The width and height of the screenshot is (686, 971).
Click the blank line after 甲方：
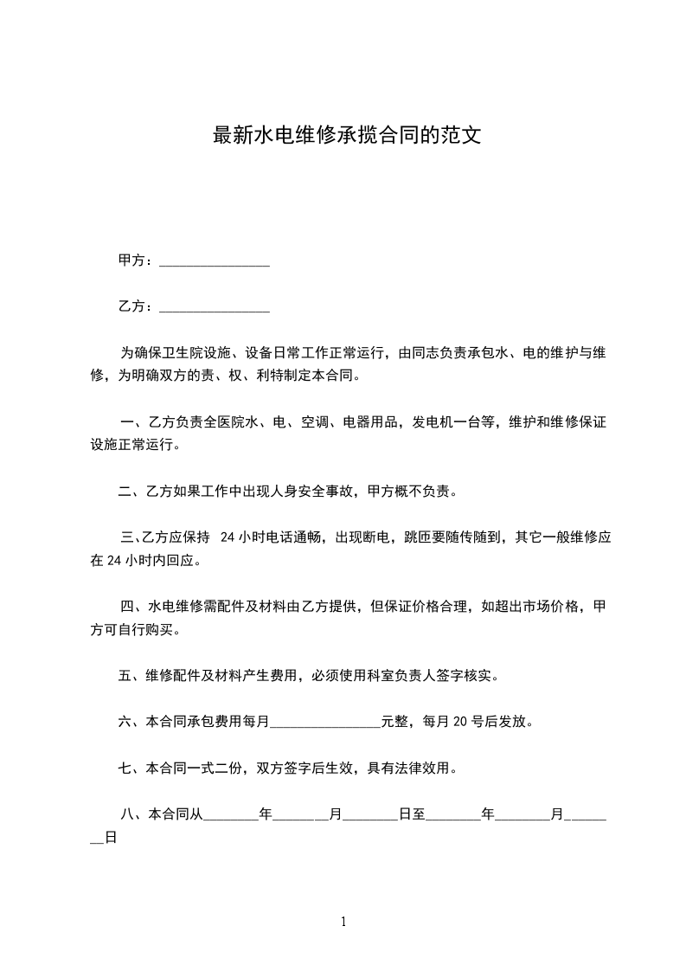215,260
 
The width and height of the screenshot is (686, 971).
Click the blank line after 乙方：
215,306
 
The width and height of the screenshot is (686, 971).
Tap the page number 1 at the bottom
343,922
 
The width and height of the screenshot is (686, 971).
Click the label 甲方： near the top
137,260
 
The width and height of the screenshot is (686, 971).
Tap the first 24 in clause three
228,537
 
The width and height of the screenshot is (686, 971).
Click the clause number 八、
133,814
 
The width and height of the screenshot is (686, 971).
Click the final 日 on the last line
110,838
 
